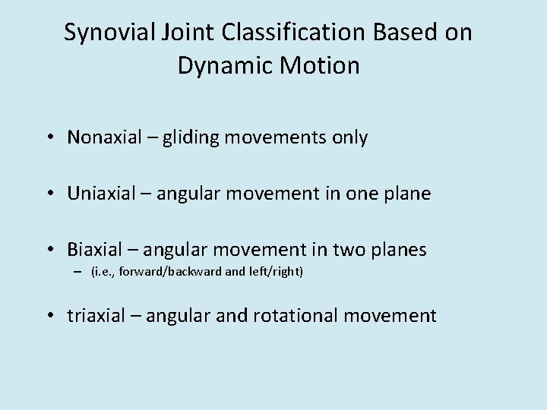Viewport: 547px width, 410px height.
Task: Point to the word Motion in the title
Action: coord(318,66)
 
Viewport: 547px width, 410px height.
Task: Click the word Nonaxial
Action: coord(104,137)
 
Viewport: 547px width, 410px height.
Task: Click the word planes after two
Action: coord(399,249)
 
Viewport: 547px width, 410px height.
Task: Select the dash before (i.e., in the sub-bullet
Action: coord(78,272)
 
